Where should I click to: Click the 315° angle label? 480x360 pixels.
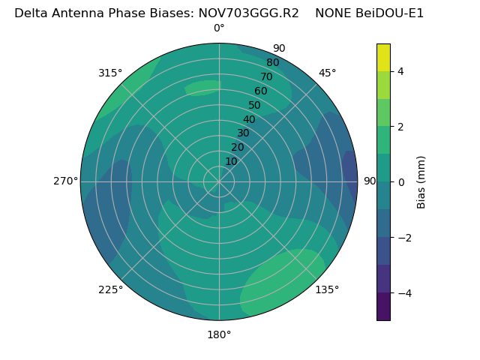point(110,73)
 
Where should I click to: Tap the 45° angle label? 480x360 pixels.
point(327,73)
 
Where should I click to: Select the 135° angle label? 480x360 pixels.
point(327,289)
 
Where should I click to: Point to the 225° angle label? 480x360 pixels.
point(110,289)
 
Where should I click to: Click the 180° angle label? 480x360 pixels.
point(219,334)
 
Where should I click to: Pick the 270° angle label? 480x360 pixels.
point(65,181)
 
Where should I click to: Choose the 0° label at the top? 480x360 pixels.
point(219,28)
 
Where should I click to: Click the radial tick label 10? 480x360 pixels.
point(231,161)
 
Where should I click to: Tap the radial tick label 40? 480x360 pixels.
point(249,119)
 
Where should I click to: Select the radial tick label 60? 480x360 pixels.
point(260,91)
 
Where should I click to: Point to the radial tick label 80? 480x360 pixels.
point(272,62)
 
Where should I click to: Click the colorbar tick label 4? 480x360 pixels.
point(400,71)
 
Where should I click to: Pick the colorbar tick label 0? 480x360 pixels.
point(400,181)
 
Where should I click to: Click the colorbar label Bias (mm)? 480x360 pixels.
point(421,181)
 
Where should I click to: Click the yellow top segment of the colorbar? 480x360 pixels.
point(383,57)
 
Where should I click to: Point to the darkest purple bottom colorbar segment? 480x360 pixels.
point(383,306)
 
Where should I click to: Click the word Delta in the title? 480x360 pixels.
point(31,13)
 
